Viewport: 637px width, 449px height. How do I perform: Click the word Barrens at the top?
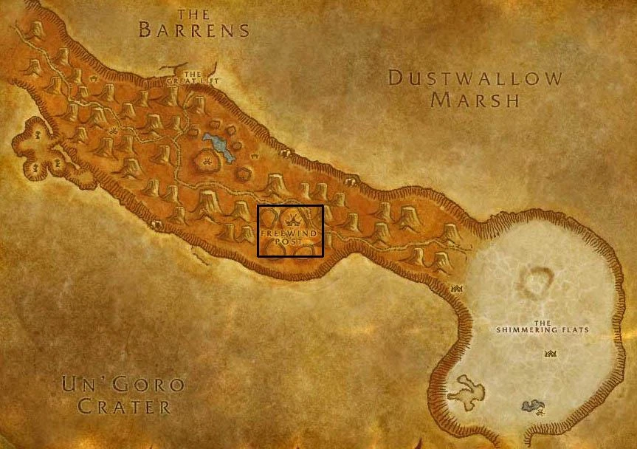click(x=194, y=30)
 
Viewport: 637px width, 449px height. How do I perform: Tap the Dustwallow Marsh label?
click(x=475, y=88)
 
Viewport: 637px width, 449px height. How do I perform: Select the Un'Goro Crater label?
click(x=123, y=395)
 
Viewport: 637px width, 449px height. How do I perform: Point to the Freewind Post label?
click(x=290, y=237)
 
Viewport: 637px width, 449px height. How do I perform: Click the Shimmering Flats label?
click(x=543, y=326)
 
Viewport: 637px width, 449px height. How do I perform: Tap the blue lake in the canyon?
click(x=219, y=146)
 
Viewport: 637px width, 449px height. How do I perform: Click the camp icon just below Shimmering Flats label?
click(x=550, y=354)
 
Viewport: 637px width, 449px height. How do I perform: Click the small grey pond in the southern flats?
click(x=530, y=405)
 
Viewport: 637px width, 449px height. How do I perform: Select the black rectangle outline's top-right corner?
click(x=323, y=205)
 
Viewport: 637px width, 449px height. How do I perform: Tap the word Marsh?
click(x=475, y=100)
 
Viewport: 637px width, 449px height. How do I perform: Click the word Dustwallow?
click(x=475, y=78)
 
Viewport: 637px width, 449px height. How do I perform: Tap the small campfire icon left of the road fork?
click(x=114, y=131)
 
